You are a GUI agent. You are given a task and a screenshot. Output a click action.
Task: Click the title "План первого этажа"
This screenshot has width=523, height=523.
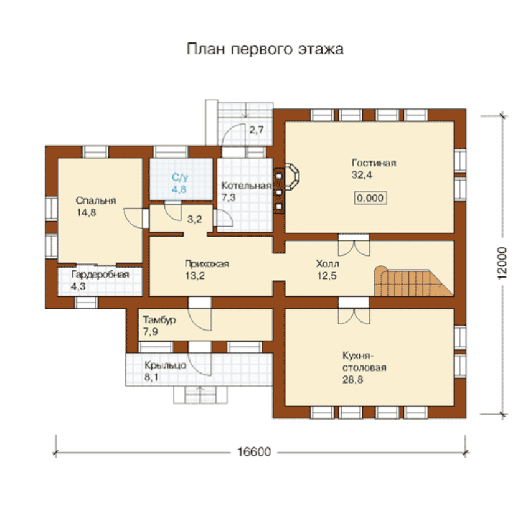[x=265, y=49]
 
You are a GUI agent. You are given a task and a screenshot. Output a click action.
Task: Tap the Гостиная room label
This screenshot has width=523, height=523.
[x=374, y=163]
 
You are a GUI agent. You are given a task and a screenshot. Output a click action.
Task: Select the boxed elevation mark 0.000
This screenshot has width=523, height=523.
[x=370, y=198]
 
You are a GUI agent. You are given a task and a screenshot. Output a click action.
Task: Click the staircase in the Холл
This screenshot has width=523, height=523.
[x=413, y=281]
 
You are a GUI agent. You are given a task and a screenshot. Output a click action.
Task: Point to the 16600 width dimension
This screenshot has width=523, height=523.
[x=254, y=452]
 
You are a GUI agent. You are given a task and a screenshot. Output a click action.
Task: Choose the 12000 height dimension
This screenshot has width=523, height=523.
[x=502, y=263]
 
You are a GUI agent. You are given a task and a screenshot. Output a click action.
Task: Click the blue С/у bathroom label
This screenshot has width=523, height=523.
[x=180, y=177]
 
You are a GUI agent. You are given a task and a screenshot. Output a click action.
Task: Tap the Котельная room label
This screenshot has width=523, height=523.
[x=246, y=186]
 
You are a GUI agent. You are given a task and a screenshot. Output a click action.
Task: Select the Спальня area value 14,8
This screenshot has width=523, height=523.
[x=87, y=212]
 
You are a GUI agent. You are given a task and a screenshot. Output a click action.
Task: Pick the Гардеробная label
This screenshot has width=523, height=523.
[x=100, y=275]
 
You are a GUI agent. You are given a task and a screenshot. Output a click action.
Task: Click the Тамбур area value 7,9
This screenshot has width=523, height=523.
[x=151, y=331]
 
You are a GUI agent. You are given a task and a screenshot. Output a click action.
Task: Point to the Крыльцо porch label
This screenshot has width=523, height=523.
[x=166, y=365]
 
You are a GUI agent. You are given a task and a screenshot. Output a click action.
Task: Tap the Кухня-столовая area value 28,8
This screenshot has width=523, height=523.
[x=353, y=380]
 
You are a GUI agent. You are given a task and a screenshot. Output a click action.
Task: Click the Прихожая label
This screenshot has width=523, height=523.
[x=207, y=264]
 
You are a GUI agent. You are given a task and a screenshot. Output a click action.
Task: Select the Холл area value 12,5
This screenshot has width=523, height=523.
[x=327, y=276]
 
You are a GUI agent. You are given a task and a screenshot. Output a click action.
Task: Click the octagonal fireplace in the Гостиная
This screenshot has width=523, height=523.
[x=291, y=176]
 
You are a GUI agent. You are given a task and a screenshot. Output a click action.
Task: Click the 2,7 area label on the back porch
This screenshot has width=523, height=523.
[x=256, y=130]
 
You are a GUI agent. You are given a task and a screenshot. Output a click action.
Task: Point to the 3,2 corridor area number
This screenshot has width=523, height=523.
[x=194, y=219]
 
